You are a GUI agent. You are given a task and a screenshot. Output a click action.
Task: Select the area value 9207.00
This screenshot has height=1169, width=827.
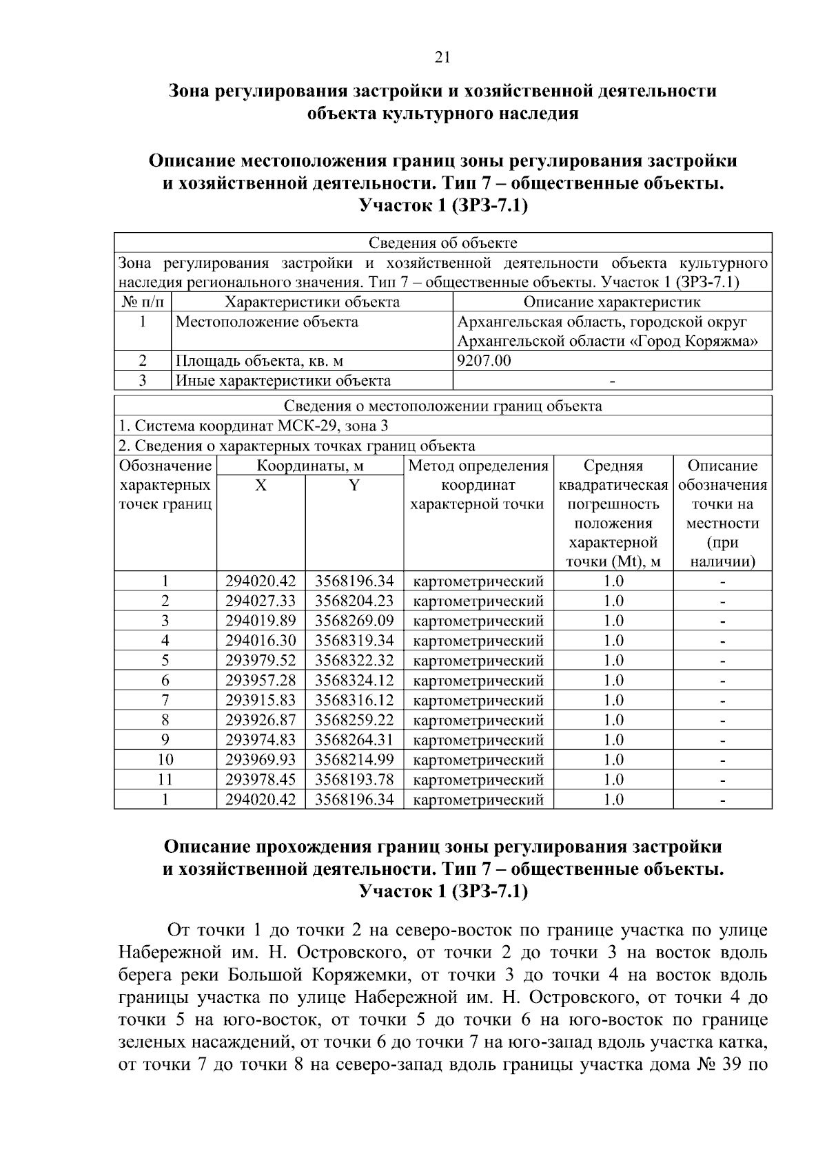click(x=484, y=361)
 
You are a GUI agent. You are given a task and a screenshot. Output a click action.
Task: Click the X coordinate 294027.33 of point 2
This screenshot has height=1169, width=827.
click(x=261, y=601)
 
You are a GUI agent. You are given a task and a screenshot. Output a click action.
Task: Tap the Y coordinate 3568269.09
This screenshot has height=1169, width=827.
click(x=354, y=621)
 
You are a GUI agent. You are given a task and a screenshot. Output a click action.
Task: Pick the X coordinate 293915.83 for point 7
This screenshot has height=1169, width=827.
click(x=261, y=701)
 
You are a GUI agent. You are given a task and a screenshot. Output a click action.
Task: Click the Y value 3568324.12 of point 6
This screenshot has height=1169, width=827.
click(x=354, y=681)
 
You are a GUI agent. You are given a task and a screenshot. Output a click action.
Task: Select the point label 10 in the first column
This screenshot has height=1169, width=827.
click(x=165, y=761)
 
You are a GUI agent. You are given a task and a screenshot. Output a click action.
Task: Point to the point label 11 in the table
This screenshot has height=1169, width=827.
click(x=165, y=780)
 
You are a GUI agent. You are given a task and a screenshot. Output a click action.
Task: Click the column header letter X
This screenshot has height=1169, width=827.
click(x=261, y=486)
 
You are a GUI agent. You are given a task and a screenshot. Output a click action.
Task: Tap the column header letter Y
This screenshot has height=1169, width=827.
click(x=354, y=486)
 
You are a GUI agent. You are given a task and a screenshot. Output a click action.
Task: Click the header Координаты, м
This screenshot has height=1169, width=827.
click(x=310, y=466)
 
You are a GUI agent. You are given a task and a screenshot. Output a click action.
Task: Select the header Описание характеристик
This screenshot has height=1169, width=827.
click(x=612, y=302)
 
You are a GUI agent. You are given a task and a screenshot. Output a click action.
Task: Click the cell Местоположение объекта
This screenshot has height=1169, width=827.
click(x=267, y=322)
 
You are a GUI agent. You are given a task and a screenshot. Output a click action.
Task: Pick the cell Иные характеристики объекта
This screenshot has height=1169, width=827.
click(x=283, y=381)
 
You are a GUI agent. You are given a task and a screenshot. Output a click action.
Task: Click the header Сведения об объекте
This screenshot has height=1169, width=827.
click(x=442, y=242)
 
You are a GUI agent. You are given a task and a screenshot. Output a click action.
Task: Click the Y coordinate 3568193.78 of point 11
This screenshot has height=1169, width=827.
click(x=354, y=780)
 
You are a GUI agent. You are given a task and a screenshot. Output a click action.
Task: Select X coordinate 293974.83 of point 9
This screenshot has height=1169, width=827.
click(x=261, y=741)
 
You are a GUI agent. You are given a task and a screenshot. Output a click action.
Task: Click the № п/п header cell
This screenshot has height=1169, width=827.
click(x=142, y=302)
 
